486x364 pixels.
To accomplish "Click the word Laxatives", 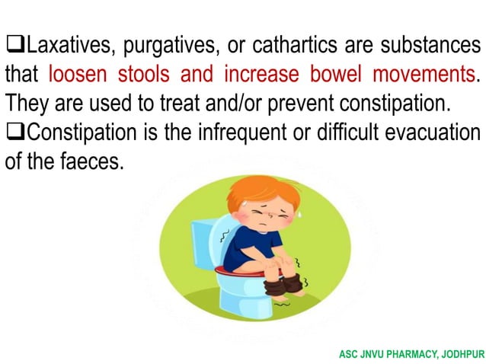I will tap(66, 46).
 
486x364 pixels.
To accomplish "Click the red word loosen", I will tap(82, 75).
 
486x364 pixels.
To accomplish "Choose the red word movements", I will tap(421, 75).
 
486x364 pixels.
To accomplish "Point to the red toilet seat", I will tap(236, 270).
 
